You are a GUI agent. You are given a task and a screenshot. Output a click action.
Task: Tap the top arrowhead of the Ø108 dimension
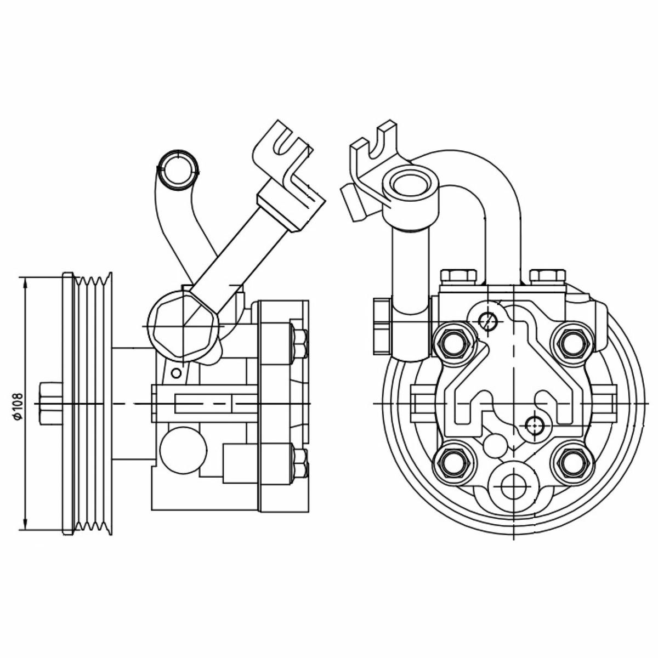coord(25,283)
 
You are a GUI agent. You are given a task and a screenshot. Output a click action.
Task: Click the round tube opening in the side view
coord(178,169)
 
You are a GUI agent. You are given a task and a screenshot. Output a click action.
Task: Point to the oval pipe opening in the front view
coord(410,185)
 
